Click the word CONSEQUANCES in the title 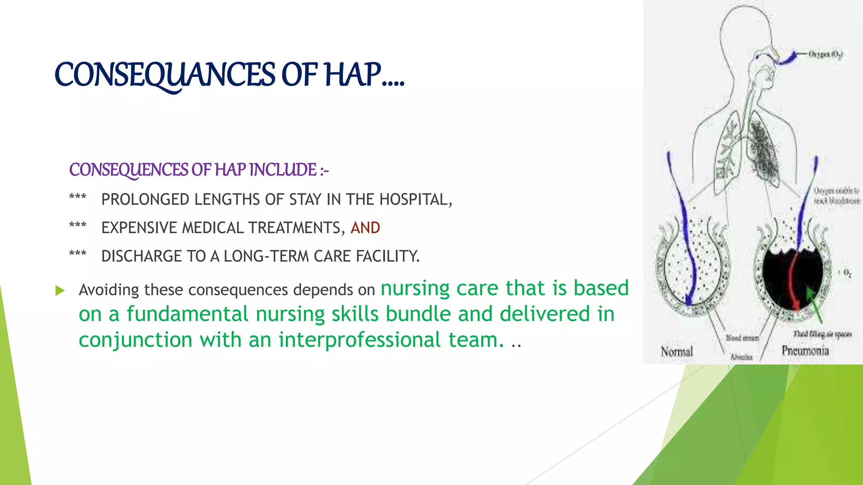165,75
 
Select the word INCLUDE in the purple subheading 282,170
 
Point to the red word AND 365,228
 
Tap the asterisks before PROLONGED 78,197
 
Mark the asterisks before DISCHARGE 78,253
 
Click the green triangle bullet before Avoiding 60,290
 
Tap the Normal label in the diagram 677,351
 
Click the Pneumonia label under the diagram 805,350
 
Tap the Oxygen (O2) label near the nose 826,54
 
